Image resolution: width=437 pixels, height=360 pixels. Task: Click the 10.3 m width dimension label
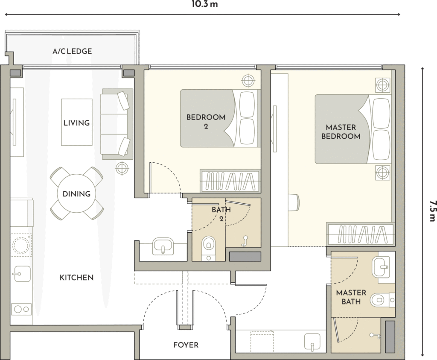(204, 4)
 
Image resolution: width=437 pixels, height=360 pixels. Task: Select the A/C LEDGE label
(72, 51)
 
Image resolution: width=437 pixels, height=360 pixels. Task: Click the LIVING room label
(77, 123)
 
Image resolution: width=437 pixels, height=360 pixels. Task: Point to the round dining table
(76, 194)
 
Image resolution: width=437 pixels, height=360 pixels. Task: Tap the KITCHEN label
(77, 278)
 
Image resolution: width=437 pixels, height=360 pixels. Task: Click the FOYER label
(186, 345)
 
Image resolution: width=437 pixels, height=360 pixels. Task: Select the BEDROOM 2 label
(206, 121)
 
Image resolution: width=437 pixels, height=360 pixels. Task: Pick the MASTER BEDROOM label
(341, 132)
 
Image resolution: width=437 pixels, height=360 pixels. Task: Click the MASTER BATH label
(351, 297)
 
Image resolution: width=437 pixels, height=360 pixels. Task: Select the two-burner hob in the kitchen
(21, 309)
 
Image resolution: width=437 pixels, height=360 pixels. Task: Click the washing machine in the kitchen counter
(21, 244)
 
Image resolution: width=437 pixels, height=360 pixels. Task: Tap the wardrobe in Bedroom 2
(230, 181)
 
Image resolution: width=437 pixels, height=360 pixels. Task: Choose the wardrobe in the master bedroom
(361, 234)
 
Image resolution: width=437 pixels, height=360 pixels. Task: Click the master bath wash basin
(380, 267)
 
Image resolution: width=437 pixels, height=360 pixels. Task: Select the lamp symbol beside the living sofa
(122, 168)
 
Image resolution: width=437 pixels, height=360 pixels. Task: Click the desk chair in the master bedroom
(294, 202)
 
